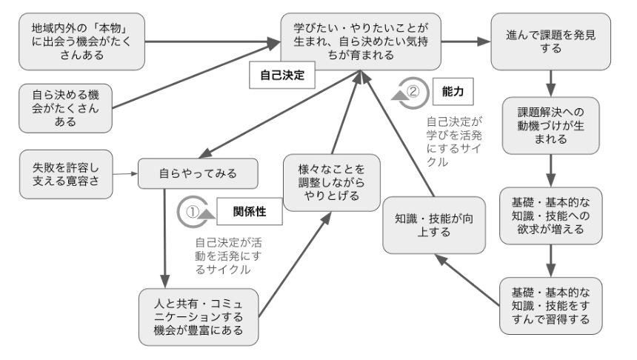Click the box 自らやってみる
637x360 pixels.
tap(198, 174)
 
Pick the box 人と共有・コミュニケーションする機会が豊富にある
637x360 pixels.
tap(199, 316)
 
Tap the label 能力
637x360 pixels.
tap(451, 92)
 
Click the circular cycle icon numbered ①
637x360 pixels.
tap(192, 211)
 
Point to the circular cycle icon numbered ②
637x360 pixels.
tap(412, 92)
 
